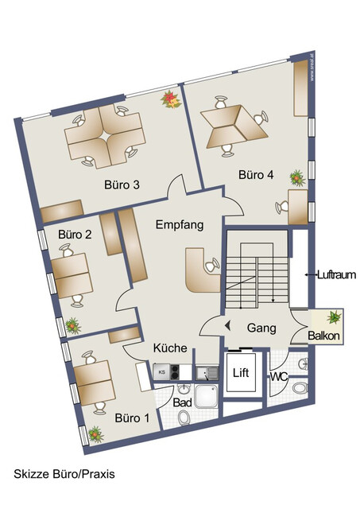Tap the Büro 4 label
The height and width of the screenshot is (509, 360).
point(255,174)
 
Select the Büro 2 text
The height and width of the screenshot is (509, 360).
point(75,235)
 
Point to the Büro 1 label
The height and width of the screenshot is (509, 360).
point(131,418)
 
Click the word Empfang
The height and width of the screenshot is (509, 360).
point(180,225)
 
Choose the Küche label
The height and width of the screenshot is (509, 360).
point(170,348)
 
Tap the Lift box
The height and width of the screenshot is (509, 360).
point(241,372)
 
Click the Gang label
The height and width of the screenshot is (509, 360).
point(261,327)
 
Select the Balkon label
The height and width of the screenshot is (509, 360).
point(324,336)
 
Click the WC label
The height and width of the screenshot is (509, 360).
point(279,376)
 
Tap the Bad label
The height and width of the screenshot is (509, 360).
point(182,403)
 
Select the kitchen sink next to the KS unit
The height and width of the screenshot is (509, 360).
point(207,371)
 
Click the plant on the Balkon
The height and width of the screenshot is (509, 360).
point(335,317)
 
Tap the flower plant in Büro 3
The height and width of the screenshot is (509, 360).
point(168,99)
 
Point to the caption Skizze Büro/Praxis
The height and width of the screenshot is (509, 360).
point(64,473)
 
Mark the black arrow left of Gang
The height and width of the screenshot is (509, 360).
point(228,325)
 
